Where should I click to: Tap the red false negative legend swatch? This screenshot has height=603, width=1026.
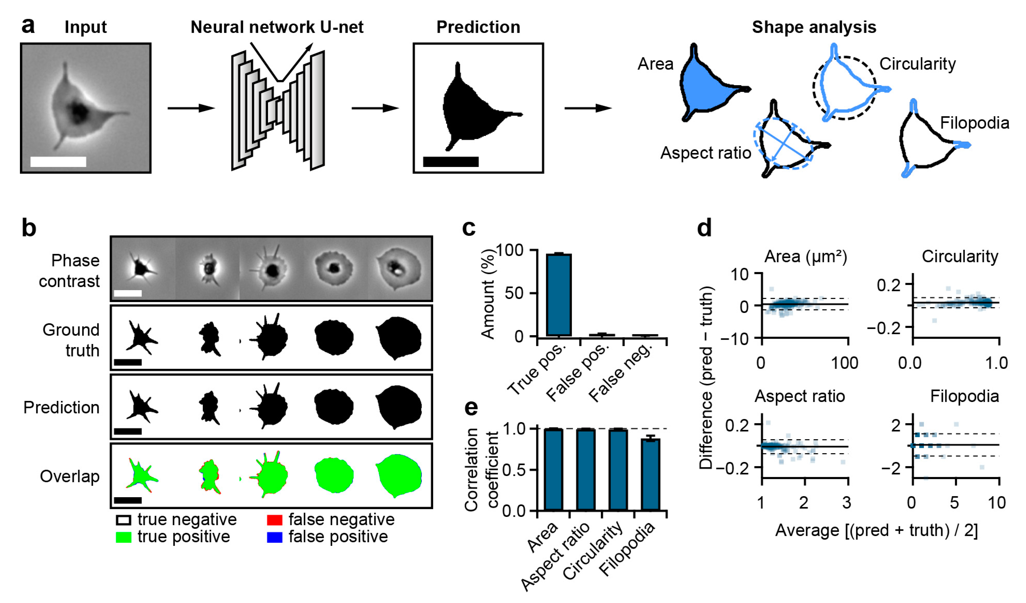point(274,520)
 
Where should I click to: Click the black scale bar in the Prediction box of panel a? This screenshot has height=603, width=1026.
point(451,162)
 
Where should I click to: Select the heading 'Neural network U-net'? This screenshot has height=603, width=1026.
point(277,27)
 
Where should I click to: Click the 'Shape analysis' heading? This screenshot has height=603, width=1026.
point(814,27)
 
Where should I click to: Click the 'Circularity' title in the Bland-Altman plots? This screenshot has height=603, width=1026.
point(960,256)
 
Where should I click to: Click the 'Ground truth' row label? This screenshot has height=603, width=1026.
point(71,340)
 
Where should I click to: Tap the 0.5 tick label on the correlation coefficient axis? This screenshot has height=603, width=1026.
point(514,470)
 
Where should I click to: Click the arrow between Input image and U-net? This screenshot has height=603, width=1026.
point(190,108)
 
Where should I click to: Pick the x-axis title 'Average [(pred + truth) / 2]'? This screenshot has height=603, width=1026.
point(876,531)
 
